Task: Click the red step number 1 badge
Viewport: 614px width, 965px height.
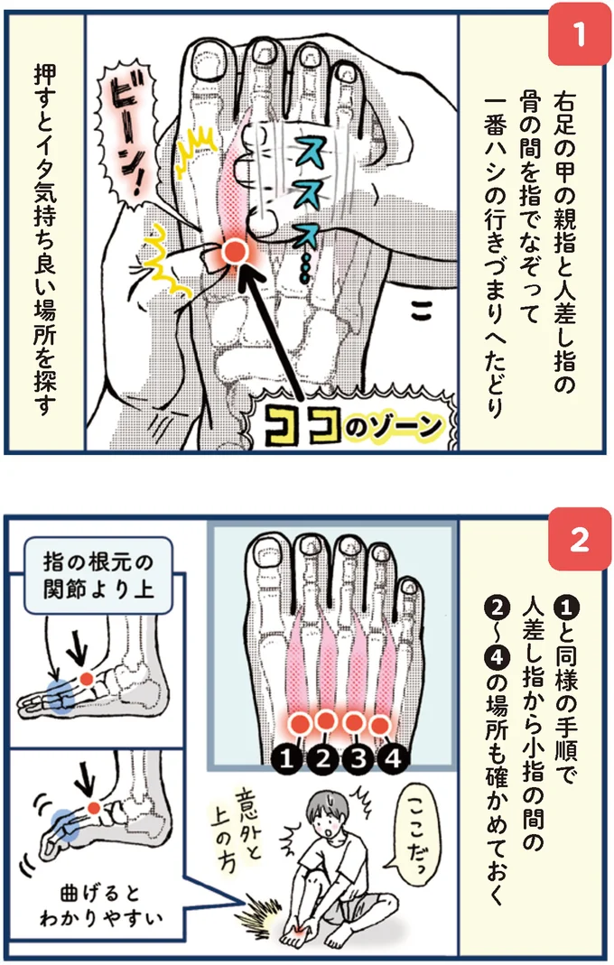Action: (x=579, y=35)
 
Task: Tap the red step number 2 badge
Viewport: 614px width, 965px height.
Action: (x=579, y=540)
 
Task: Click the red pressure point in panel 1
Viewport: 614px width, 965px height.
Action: (x=234, y=253)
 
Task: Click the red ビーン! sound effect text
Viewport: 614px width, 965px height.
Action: (x=131, y=140)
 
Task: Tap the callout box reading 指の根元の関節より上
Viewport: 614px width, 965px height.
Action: (x=98, y=576)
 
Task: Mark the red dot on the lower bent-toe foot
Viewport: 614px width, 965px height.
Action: (x=94, y=808)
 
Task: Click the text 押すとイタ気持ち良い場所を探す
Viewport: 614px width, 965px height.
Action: (x=45, y=239)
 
